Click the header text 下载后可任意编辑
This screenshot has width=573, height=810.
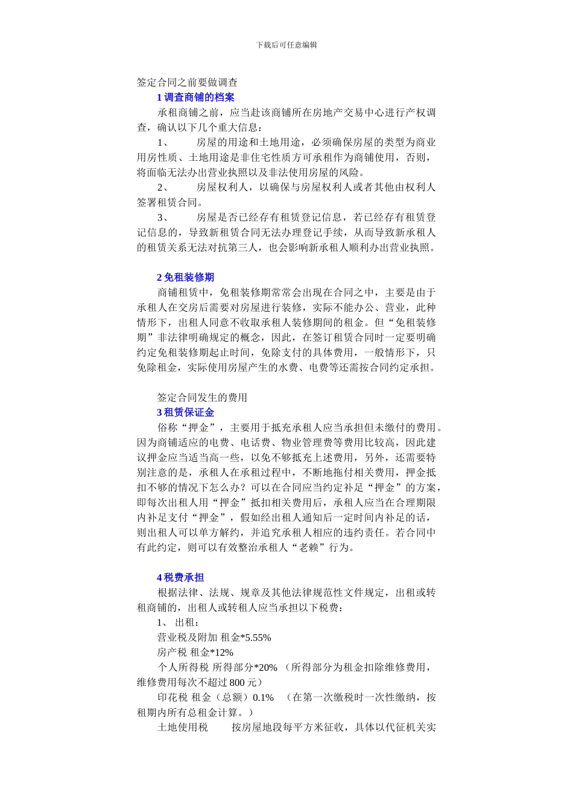[286, 45]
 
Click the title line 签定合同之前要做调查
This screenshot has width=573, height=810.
[187, 83]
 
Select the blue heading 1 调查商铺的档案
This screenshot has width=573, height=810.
[195, 98]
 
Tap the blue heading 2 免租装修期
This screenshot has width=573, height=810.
[185, 277]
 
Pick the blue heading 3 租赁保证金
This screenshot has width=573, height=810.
[185, 413]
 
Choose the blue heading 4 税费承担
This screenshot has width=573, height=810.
[180, 577]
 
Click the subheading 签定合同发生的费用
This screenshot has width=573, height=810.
[202, 398]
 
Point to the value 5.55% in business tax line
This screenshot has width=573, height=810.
[258, 638]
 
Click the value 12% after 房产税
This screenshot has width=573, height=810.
[224, 653]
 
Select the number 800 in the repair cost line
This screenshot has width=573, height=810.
[238, 683]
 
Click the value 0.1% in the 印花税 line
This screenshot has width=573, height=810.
[264, 698]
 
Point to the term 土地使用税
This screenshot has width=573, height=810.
[182, 727]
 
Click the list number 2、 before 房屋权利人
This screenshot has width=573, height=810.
[163, 187]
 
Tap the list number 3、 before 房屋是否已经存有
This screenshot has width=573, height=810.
[163, 218]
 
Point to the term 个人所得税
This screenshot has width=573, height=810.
[183, 668]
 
